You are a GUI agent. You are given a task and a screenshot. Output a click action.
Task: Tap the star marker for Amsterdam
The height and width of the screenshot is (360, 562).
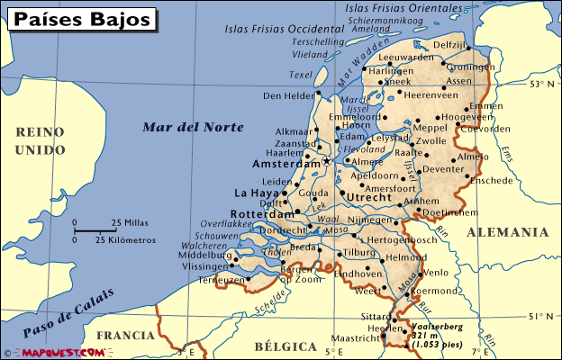(326, 162)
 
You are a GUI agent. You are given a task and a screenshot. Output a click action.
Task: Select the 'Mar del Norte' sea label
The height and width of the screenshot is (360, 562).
(193, 127)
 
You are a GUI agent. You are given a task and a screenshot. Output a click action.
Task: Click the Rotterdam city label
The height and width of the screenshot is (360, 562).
(263, 215)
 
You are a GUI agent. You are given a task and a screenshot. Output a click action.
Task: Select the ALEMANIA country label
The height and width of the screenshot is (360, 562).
(507, 232)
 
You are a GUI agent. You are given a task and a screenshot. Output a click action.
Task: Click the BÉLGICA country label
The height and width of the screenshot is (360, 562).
(286, 346)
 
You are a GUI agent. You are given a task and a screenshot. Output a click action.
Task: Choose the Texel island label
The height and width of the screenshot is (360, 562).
(300, 75)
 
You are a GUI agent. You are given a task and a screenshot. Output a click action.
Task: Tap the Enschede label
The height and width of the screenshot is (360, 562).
(491, 180)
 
